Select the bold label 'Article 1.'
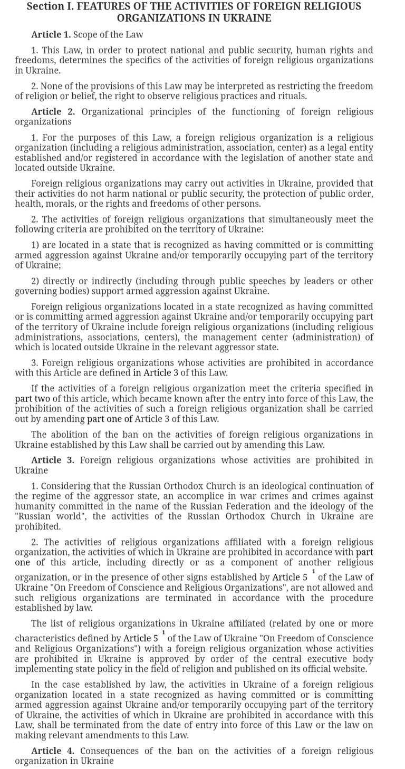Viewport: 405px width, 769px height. point(51,35)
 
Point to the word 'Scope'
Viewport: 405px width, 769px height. point(85,35)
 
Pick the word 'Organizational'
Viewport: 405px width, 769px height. point(113,112)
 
